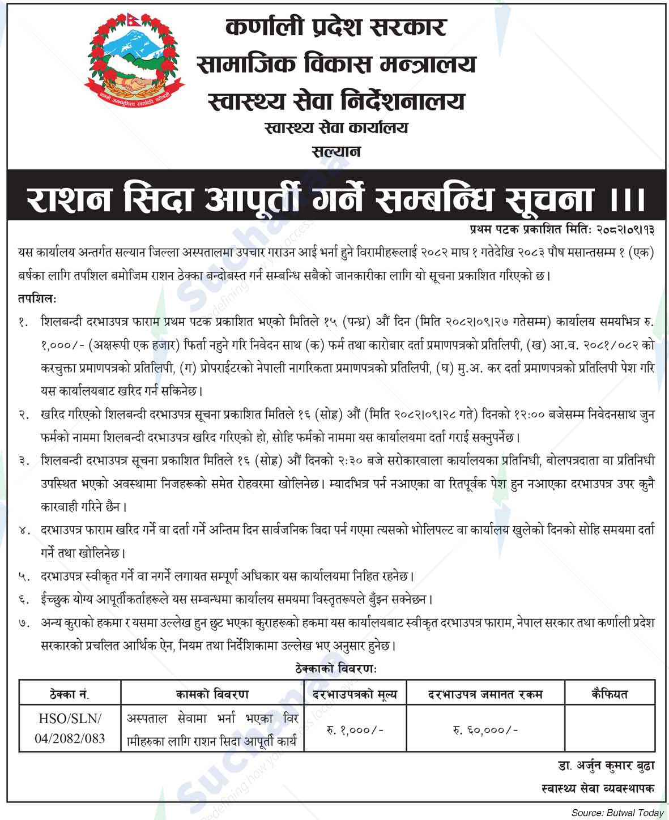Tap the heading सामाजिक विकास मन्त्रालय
(x=336, y=64)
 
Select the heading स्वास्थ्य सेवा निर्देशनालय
(x=336, y=101)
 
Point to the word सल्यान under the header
(x=336, y=152)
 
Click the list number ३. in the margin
(x=24, y=462)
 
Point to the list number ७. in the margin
(x=24, y=623)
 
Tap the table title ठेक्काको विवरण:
(x=336, y=668)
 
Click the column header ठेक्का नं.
(x=70, y=693)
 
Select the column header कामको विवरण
(x=212, y=693)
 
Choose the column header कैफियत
(x=610, y=693)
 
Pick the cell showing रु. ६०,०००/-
(x=485, y=730)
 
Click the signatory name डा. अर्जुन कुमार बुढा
(x=606, y=766)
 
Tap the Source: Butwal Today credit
(x=617, y=813)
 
